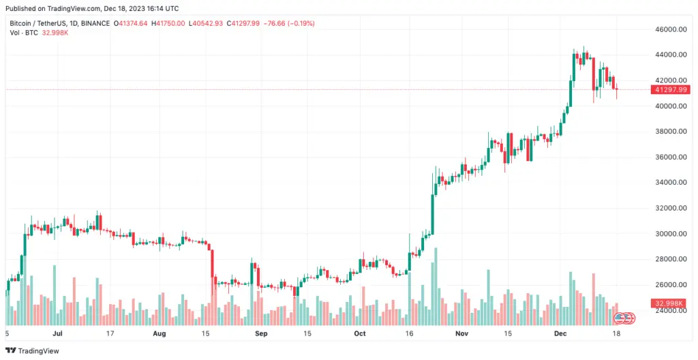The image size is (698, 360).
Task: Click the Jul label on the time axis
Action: pyautogui.click(x=57, y=333)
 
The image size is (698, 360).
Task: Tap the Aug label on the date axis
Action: pyautogui.click(x=159, y=333)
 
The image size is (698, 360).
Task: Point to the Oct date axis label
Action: pyautogui.click(x=359, y=333)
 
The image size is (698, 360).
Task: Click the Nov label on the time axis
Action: pyautogui.click(x=461, y=333)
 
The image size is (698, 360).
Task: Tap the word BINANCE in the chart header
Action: pyautogui.click(x=95, y=23)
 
